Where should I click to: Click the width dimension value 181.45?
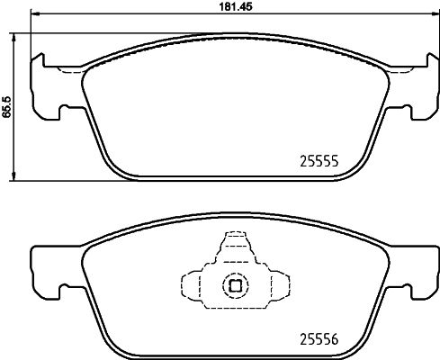click(x=220, y=7)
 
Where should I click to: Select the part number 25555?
click(x=316, y=163)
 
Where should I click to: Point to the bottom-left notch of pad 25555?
click(x=60, y=113)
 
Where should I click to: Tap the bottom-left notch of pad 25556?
click(x=60, y=291)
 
